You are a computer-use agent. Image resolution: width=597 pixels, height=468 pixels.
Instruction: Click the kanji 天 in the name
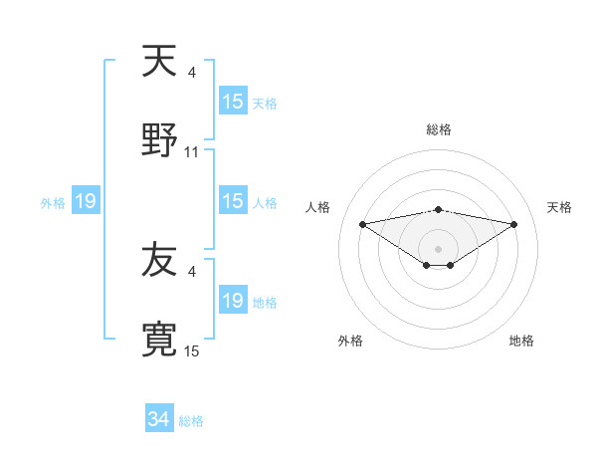click(x=159, y=62)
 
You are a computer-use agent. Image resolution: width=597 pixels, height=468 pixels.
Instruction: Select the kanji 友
click(x=159, y=260)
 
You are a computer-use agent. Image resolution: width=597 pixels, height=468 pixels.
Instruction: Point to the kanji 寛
click(x=159, y=339)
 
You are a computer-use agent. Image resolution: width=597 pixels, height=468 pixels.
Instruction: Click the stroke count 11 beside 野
click(x=192, y=151)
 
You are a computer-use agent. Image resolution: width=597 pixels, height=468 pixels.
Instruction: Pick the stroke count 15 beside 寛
click(x=192, y=351)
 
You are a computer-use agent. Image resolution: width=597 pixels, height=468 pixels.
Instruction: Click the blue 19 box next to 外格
click(x=86, y=202)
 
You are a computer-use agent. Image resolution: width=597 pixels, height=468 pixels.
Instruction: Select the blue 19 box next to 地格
click(x=233, y=301)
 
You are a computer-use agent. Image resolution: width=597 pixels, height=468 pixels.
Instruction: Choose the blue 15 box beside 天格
click(x=233, y=102)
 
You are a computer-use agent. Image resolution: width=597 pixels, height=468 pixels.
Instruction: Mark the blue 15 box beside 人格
click(x=233, y=201)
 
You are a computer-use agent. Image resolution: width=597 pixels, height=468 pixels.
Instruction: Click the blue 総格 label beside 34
click(x=192, y=421)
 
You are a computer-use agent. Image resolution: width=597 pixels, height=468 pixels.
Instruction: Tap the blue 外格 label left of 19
click(x=53, y=203)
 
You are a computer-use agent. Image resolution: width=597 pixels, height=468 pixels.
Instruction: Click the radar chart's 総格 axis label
click(x=439, y=129)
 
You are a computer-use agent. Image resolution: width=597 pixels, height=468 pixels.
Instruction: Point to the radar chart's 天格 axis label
click(x=560, y=207)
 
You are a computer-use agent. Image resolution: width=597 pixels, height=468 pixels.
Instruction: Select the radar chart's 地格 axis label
click(x=521, y=341)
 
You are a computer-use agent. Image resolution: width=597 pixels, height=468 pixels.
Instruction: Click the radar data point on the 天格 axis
click(x=513, y=224)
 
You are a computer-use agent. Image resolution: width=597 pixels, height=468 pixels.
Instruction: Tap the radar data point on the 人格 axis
click(x=362, y=224)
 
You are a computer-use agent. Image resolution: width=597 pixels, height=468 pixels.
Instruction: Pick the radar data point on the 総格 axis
click(x=439, y=209)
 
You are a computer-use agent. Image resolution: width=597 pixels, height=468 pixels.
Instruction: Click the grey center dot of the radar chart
click(x=439, y=248)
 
